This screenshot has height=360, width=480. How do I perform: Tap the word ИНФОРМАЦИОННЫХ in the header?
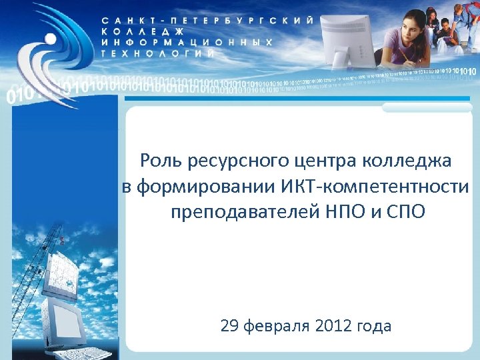pos(187,41)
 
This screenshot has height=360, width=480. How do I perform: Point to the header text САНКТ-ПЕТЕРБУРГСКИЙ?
pos(207,21)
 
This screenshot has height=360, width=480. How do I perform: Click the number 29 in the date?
pos(229,326)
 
